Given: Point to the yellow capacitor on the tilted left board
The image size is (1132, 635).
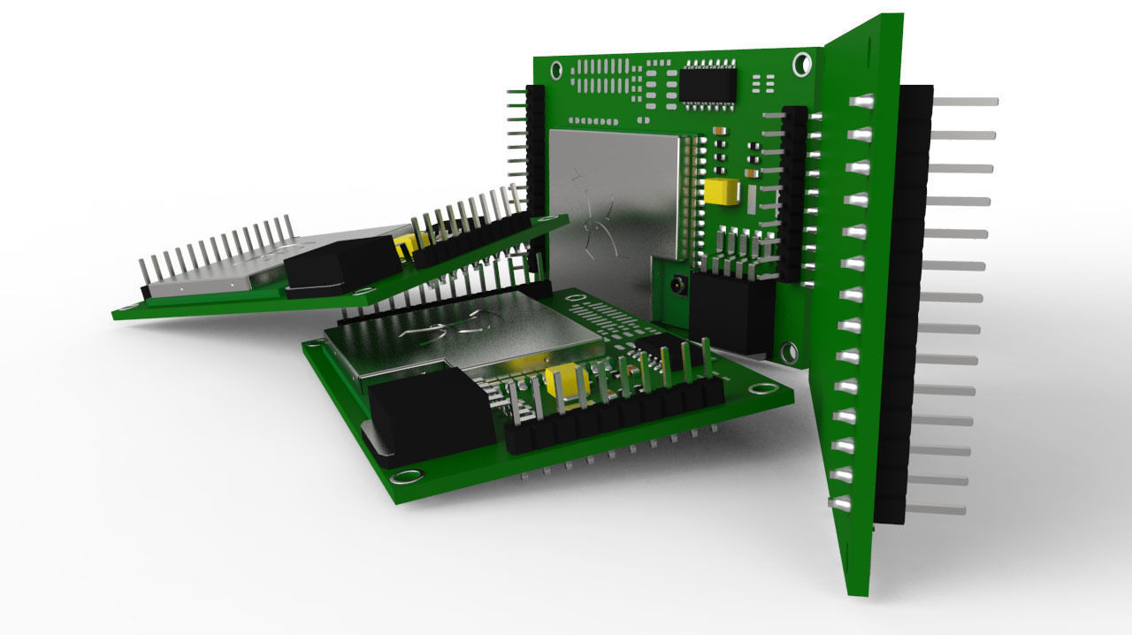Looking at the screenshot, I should tap(406, 245).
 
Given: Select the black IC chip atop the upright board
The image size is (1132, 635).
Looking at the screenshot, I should tap(707, 84).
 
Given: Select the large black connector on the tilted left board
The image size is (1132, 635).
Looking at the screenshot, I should tap(340, 264).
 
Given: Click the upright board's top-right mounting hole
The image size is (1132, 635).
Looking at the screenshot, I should tap(802, 64).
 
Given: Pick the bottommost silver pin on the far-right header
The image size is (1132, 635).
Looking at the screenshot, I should tap(936, 509).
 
